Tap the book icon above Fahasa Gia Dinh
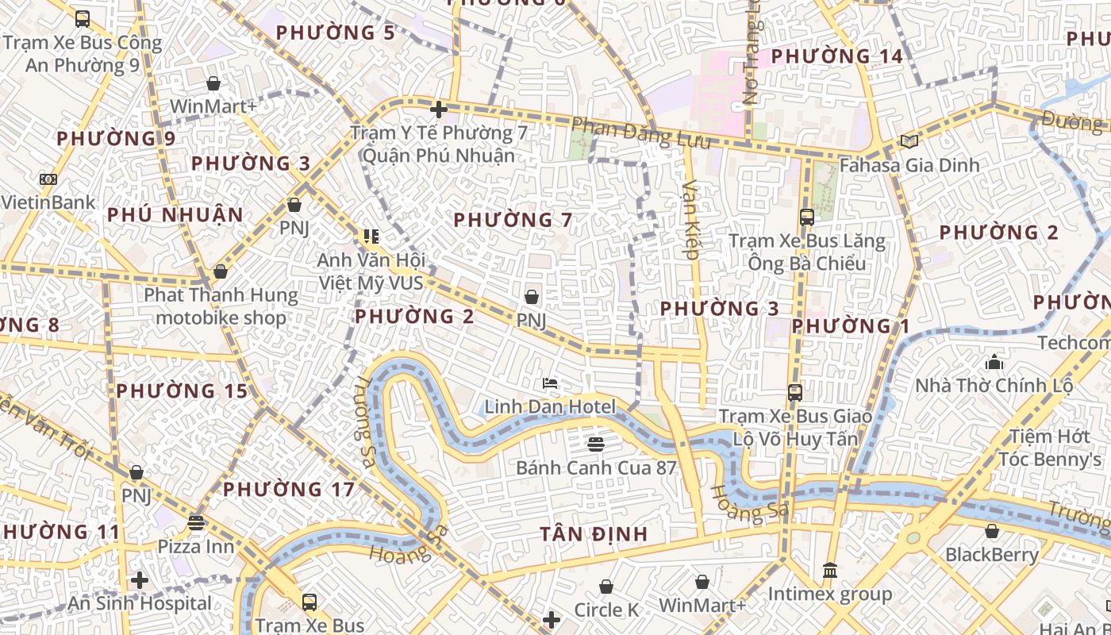point(909,141)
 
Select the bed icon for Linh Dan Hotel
point(550,383)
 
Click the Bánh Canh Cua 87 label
point(596,468)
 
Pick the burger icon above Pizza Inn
point(196,523)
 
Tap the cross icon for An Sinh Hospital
point(140,580)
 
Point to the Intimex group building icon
point(830,570)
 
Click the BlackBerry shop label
point(991,555)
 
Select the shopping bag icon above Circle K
point(606,587)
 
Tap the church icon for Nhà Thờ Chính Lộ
point(994,363)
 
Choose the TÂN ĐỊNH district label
point(594,534)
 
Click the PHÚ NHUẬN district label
point(175,215)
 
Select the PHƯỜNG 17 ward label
point(288,490)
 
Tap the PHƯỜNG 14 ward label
point(836,56)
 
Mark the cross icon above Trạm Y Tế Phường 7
point(438,110)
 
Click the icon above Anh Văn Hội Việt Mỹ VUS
point(371,236)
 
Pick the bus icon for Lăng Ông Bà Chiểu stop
point(807,217)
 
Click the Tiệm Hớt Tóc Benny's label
point(1049,448)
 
